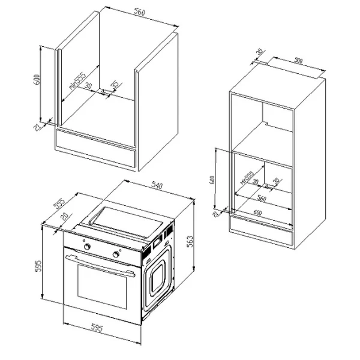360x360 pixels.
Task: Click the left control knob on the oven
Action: (88, 247)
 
